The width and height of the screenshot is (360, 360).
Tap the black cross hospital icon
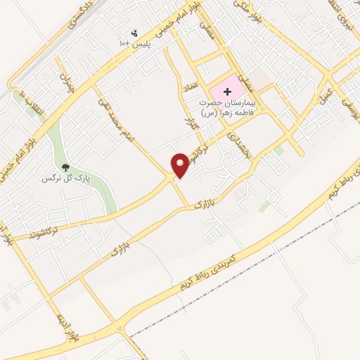coord(227,92)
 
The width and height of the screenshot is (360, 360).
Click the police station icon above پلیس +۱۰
coord(135,32)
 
